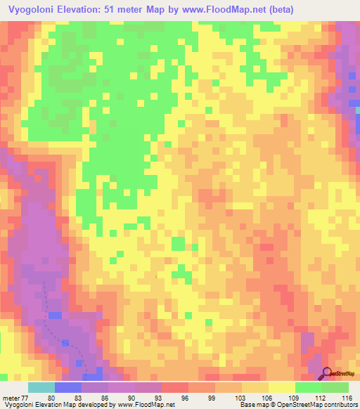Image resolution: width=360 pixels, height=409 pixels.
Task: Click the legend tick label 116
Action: coord(347,398)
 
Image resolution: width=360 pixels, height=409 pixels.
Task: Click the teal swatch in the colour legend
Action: coord(41,387)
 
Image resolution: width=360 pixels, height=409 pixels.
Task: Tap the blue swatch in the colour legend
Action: coord(67,387)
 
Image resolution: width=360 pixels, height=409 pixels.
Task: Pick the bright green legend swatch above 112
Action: coord(308,387)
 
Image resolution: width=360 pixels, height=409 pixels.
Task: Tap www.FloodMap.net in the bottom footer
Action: coord(148,405)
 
